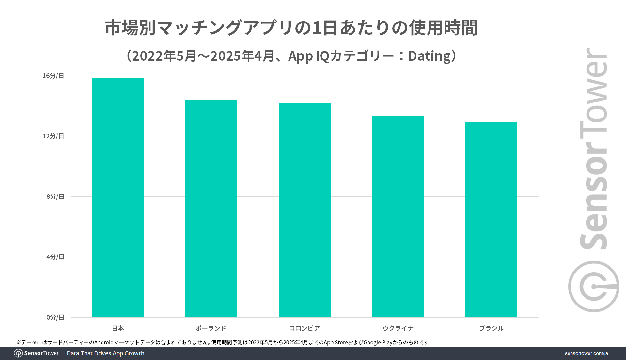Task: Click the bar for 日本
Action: [118, 197]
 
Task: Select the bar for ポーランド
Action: [211, 208]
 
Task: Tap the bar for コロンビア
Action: [305, 210]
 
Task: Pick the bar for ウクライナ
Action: [398, 216]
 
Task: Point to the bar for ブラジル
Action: [491, 219]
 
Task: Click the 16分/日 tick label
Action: [53, 76]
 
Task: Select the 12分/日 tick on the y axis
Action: [53, 136]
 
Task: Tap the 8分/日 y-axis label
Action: [55, 196]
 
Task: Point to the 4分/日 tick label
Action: [55, 257]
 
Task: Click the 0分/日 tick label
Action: [55, 317]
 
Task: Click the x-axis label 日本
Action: [118, 328]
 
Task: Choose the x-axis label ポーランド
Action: [211, 328]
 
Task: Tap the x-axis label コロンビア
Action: [305, 328]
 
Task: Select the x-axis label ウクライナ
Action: [398, 328]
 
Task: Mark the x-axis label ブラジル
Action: [491, 328]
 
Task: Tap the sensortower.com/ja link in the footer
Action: [586, 353]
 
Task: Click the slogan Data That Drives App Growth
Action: [105, 353]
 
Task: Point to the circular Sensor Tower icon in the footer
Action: [18, 353]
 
